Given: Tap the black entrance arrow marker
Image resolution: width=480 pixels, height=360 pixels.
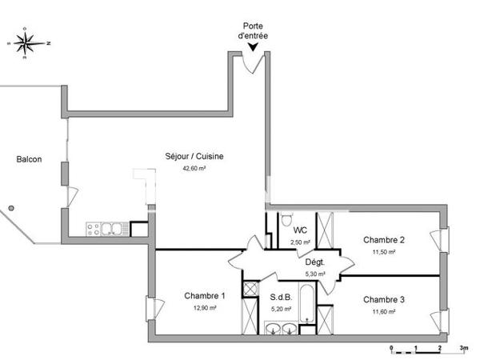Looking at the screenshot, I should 252,47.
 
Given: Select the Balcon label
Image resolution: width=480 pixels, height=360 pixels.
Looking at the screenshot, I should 29,158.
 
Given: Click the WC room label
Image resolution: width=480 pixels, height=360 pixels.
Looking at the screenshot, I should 300,230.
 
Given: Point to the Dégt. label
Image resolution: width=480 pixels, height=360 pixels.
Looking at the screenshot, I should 314,262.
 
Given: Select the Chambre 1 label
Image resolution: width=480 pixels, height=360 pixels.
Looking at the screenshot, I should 205,296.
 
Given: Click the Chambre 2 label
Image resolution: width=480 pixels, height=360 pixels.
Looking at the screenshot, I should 384,240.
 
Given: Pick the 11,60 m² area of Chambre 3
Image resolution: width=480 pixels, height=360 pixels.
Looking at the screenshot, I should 384,311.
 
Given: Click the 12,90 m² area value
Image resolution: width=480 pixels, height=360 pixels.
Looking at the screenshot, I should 205,308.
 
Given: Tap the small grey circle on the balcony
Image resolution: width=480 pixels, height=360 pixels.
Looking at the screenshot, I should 10,207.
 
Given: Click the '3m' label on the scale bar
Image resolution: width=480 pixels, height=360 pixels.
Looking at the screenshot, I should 464,349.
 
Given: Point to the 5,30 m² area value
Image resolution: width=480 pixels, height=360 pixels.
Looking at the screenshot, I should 314,274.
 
